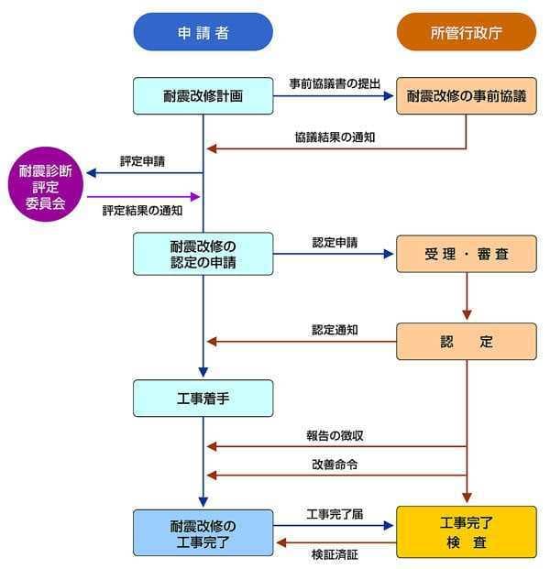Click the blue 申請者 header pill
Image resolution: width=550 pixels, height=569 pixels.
point(203,32)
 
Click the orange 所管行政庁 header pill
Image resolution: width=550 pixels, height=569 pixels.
point(466,32)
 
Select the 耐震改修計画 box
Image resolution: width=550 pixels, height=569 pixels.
point(203,95)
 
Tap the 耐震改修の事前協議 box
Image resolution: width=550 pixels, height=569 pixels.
point(466,95)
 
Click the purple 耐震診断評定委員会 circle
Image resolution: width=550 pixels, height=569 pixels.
point(46,187)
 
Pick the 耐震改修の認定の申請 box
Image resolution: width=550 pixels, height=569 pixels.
point(203,254)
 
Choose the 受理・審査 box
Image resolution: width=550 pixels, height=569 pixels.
point(466,254)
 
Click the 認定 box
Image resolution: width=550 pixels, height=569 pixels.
point(466,342)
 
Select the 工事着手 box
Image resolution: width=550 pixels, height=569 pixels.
point(203,398)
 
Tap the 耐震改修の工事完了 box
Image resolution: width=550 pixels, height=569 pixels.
point(203,533)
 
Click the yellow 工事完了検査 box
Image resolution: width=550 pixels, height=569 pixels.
point(466,533)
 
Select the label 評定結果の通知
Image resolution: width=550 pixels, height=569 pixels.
point(142,210)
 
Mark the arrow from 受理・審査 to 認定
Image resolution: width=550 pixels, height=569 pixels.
point(466,297)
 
